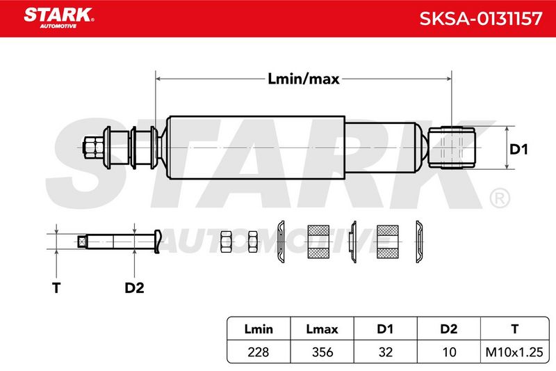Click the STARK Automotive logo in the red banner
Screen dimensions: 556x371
(59, 18)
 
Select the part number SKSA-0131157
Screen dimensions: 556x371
(480, 19)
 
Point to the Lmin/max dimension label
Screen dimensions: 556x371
(304, 79)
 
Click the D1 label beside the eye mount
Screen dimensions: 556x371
(518, 149)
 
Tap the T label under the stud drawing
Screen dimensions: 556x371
(56, 287)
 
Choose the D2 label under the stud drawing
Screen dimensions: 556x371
(134, 287)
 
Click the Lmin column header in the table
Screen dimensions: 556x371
(259, 329)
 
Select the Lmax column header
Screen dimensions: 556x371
(322, 329)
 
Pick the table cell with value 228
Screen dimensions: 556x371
(258, 352)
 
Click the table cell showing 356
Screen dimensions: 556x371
(322, 352)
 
